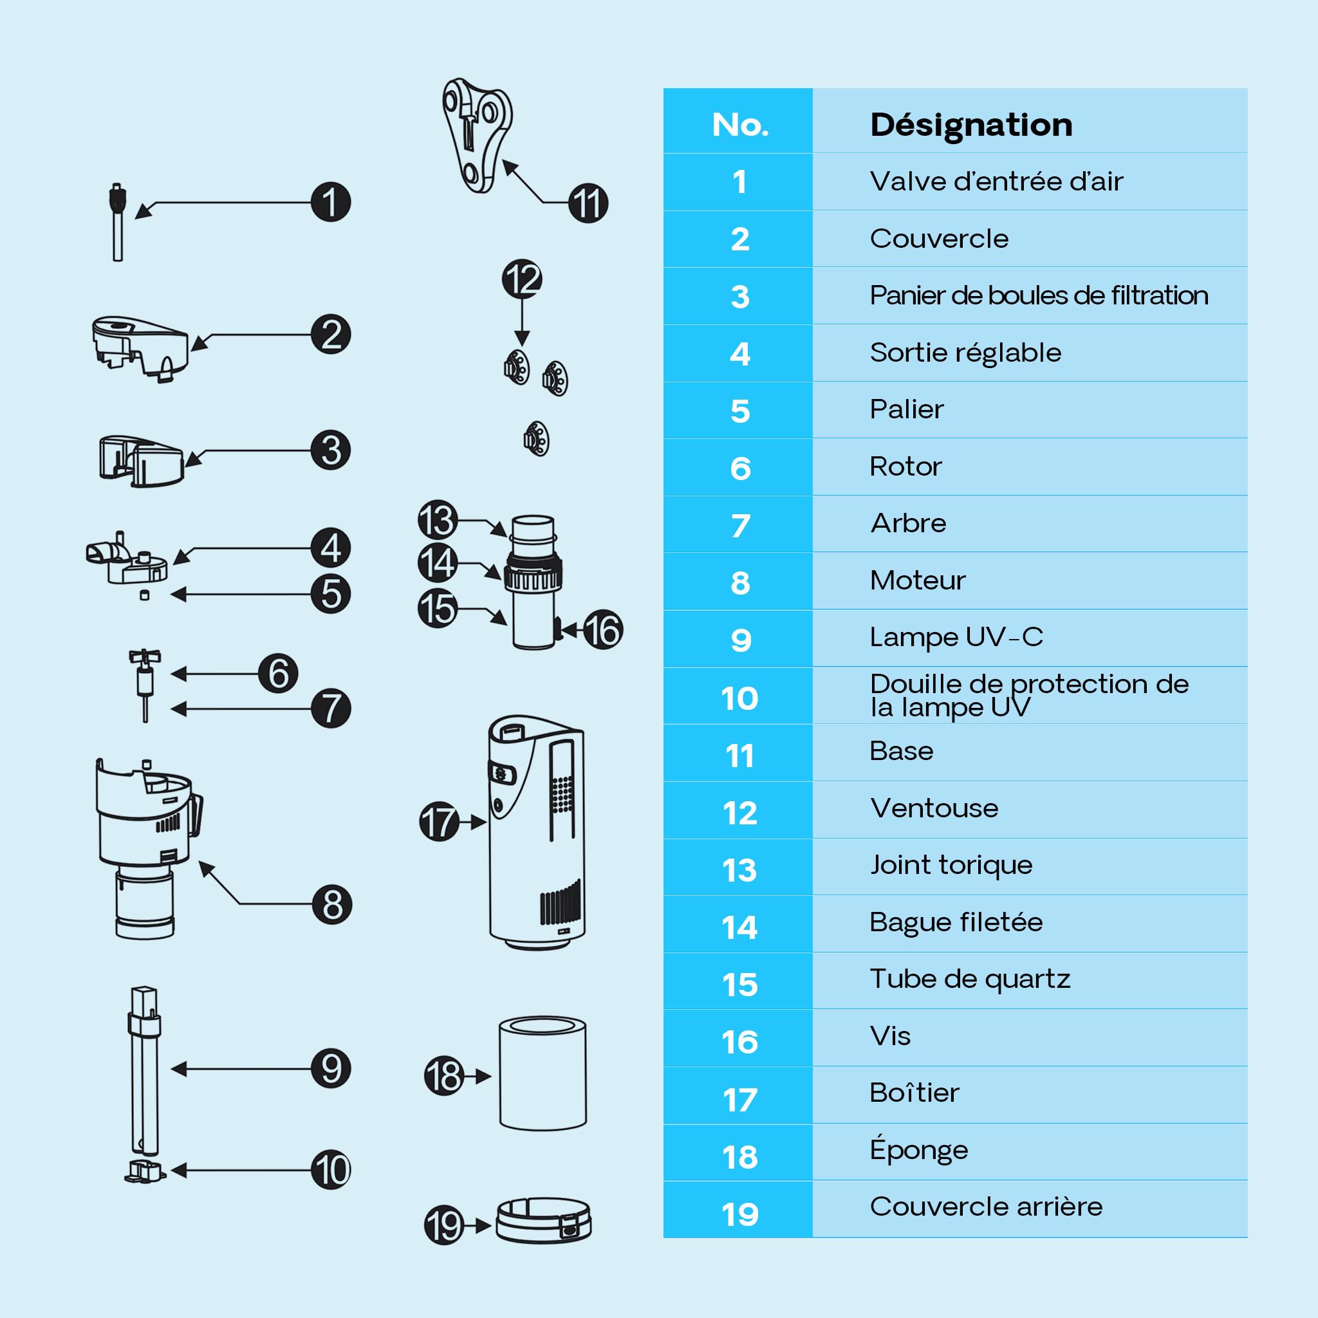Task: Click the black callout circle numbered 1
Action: [331, 202]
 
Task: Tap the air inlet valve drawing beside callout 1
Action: [117, 222]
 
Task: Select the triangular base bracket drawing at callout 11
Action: [476, 135]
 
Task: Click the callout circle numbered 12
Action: [522, 279]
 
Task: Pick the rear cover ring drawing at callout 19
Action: [543, 1220]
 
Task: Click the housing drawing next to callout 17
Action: [537, 833]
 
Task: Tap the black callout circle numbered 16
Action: [602, 629]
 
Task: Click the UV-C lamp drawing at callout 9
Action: [144, 1070]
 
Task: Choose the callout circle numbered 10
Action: [331, 1170]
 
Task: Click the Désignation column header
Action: [970, 125]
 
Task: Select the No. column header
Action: [740, 125]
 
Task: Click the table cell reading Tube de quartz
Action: [969, 979]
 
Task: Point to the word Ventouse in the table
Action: [934, 808]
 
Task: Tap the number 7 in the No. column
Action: [740, 525]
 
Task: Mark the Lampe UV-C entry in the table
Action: [956, 636]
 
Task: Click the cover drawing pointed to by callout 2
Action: [140, 348]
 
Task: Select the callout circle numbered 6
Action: [277, 673]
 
